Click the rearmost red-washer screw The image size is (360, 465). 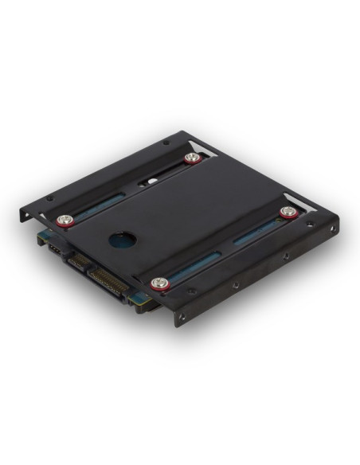[191, 158]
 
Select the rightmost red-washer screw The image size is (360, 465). [288, 212]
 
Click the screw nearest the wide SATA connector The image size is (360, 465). [160, 283]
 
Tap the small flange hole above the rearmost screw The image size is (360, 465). [165, 143]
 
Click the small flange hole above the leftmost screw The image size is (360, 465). [49, 198]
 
